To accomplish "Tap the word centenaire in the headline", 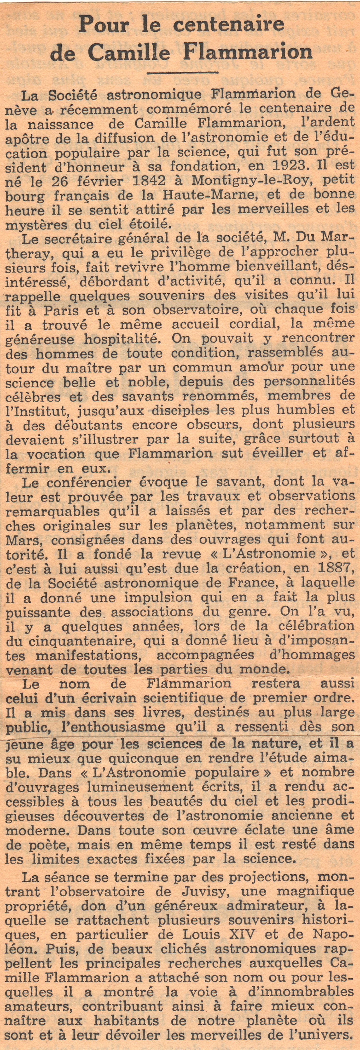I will coord(228,24).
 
